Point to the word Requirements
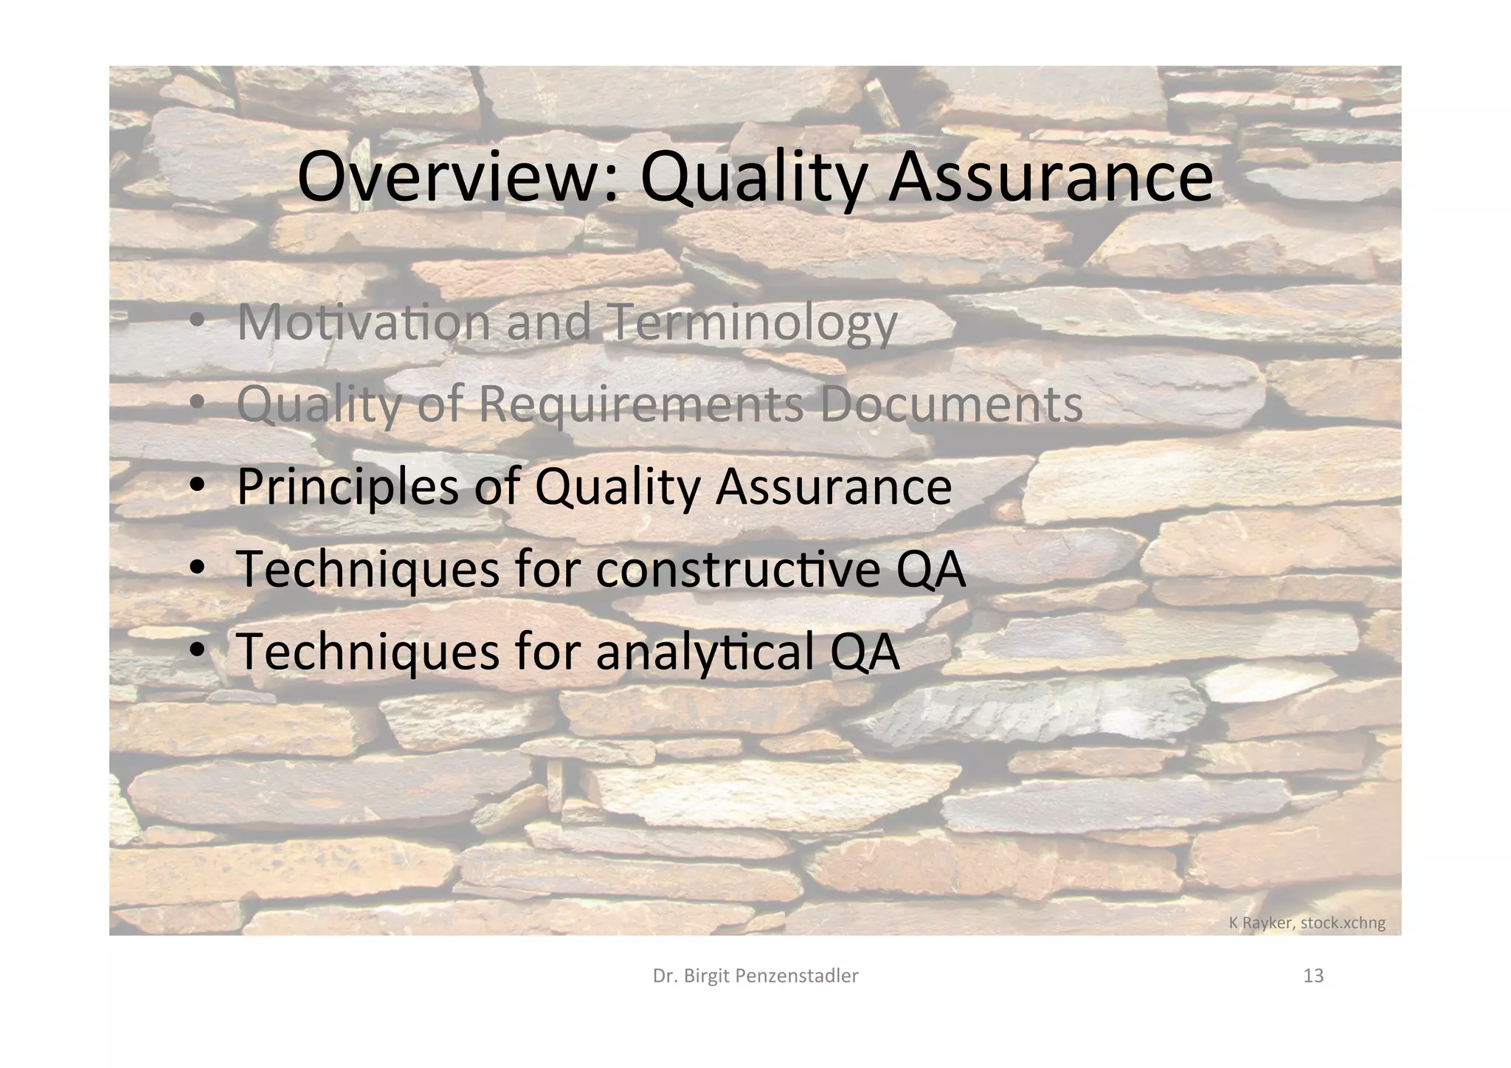641,406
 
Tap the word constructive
738,569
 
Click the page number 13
1313,976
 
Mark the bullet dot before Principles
196,486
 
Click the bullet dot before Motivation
196,323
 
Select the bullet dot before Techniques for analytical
196,650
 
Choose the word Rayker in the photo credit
1268,923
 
